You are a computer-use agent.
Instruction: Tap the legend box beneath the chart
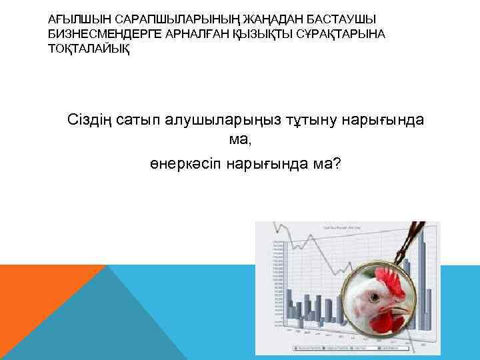click(x=347, y=347)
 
